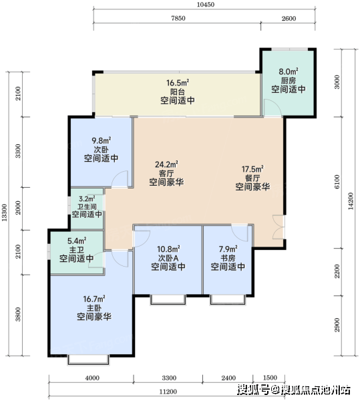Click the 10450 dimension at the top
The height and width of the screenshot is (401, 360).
point(206,5)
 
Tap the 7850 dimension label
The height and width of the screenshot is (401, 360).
point(178,19)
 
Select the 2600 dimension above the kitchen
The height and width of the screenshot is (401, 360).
point(289,19)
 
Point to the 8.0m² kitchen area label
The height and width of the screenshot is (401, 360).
point(289,72)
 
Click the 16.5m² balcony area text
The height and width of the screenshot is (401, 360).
point(178,83)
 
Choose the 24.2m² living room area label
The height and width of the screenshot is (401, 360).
point(166,164)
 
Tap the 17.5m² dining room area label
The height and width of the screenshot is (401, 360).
point(252,169)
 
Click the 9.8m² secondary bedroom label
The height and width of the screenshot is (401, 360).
point(101,140)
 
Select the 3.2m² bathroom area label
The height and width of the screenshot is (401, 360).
point(87,198)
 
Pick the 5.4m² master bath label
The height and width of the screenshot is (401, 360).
point(77,241)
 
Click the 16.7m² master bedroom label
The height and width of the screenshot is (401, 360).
point(94,299)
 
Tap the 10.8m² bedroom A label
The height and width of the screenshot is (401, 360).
point(168,249)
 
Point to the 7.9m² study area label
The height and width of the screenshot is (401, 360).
point(228,249)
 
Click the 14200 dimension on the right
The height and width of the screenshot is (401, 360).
point(351,201)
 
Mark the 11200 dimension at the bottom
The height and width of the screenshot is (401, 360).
point(168,392)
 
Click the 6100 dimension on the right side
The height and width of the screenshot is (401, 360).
point(337,182)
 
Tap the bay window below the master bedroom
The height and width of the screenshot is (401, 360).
point(88,360)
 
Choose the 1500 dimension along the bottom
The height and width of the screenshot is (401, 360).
point(270,378)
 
